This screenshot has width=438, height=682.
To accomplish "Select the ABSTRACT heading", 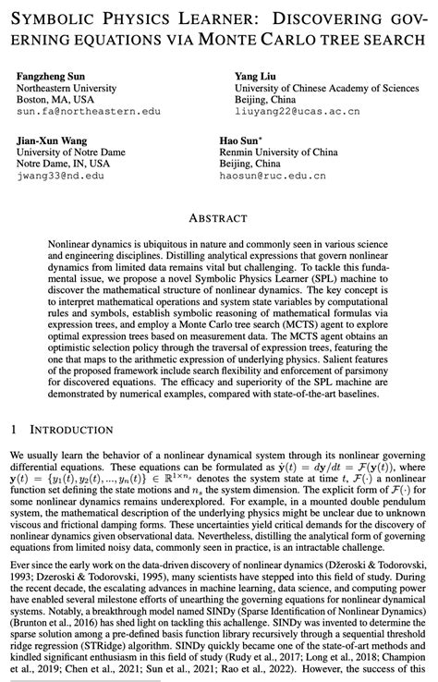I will pos(219,217).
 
